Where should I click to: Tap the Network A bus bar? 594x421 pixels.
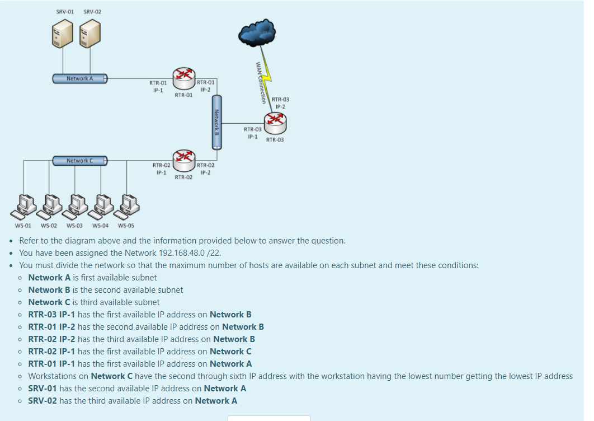tap(79, 78)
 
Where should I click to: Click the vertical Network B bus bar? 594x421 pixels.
tap(216, 122)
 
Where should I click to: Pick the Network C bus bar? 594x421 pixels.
tap(79, 161)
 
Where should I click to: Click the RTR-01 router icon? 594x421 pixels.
tap(184, 79)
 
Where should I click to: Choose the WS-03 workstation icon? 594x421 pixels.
tap(75, 206)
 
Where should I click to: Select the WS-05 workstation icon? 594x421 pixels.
tap(127, 206)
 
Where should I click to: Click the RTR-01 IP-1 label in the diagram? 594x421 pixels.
tap(158, 86)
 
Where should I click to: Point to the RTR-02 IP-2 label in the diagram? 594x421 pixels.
tap(205, 169)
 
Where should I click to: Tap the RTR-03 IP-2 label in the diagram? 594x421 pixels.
tap(280, 103)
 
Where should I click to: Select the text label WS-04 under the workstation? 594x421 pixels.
tap(100, 226)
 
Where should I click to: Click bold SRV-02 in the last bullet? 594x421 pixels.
tap(43, 401)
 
